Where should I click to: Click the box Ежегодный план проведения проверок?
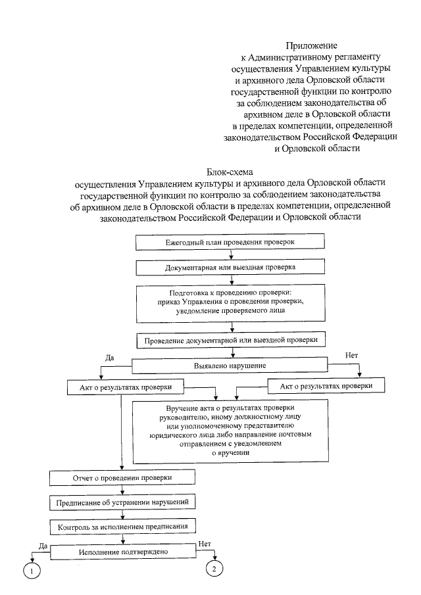(x=229, y=242)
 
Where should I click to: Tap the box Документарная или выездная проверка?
(x=229, y=268)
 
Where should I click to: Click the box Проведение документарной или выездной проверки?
(x=230, y=340)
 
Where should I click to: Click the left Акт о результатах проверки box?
(x=122, y=388)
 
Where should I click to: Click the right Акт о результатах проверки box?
(x=326, y=386)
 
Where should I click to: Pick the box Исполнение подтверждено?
(x=122, y=552)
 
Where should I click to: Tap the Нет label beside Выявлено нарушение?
(x=352, y=356)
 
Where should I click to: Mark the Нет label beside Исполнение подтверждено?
(x=205, y=544)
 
